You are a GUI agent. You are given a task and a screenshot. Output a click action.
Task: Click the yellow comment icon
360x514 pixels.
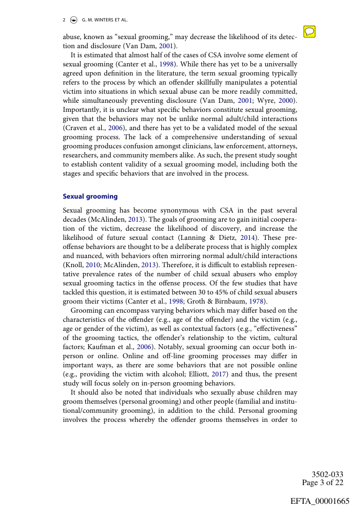[309, 32]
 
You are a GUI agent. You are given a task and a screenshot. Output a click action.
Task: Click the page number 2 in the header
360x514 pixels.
[64, 20]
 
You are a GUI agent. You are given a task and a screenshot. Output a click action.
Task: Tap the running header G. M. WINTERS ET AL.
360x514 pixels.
[104, 20]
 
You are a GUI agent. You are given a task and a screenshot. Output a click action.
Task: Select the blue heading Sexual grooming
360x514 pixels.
[90, 196]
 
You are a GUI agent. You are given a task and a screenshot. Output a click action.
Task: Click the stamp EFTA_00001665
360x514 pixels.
[320, 502]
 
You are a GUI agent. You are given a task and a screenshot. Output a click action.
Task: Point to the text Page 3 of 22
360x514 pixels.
[322, 482]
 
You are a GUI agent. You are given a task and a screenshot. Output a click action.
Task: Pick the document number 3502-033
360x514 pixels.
[327, 475]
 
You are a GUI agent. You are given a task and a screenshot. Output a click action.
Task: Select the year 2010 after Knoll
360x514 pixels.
[92, 264]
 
